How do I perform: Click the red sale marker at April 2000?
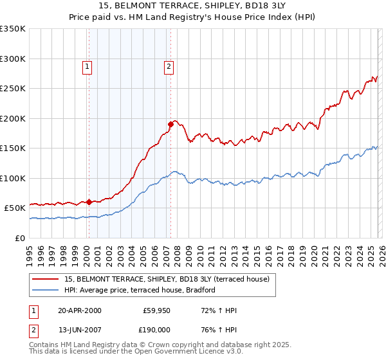(89, 202)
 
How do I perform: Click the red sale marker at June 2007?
(170, 123)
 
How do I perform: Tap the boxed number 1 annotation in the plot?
(87, 65)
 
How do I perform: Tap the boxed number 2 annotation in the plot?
(169, 65)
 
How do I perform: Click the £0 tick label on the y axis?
(19, 238)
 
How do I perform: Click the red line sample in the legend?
(46, 279)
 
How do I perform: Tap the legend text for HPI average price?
(140, 290)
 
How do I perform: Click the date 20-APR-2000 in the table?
(79, 311)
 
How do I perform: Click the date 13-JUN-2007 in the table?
(79, 329)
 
